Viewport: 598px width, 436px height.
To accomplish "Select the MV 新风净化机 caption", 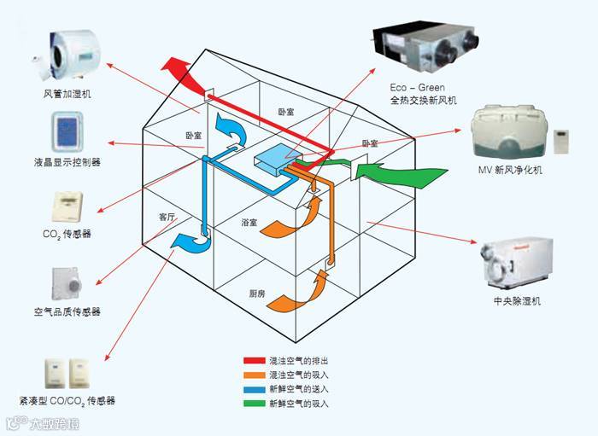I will [x=510, y=171].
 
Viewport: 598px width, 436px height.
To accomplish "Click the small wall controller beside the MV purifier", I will [x=563, y=142].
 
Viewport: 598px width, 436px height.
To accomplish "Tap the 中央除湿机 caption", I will [x=517, y=301].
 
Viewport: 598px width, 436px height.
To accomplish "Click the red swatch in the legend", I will [x=254, y=361].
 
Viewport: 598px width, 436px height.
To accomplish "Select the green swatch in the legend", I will [x=254, y=402].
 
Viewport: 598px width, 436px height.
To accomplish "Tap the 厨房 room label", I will [x=257, y=294].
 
